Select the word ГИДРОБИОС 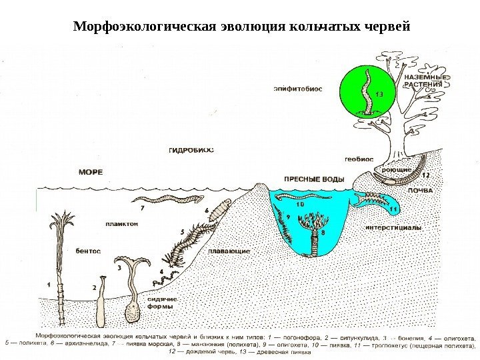click(x=191, y=151)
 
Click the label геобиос click(x=359, y=160)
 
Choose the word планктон click(x=121, y=225)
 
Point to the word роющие click(x=396, y=171)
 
